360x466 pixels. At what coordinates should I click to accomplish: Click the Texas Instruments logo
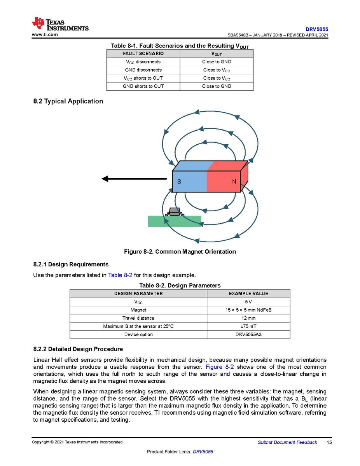(60, 24)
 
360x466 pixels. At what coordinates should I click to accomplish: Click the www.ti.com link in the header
(45, 35)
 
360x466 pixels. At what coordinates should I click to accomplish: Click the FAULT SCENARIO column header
(143, 54)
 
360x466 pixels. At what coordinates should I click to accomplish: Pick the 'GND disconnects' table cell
(143, 70)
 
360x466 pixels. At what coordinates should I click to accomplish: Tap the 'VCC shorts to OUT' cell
(143, 78)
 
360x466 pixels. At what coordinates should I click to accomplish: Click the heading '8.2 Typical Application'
(68, 101)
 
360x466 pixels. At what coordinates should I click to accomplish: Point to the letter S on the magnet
(179, 182)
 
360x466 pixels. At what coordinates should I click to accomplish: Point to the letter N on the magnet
(234, 182)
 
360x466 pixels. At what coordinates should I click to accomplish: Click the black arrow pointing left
(134, 179)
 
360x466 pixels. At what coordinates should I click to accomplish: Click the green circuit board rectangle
(174, 221)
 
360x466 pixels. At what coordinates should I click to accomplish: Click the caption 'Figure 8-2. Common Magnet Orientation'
(180, 252)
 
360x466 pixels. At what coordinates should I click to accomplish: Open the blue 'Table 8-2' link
(120, 275)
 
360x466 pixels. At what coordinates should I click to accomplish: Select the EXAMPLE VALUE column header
(248, 294)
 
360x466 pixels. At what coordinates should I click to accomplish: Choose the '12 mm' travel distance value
(248, 318)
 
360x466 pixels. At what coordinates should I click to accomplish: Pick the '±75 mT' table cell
(248, 326)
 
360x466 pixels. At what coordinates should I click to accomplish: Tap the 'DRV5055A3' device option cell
(248, 335)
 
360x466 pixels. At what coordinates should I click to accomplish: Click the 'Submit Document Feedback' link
(287, 442)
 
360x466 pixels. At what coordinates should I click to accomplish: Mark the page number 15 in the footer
(329, 442)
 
